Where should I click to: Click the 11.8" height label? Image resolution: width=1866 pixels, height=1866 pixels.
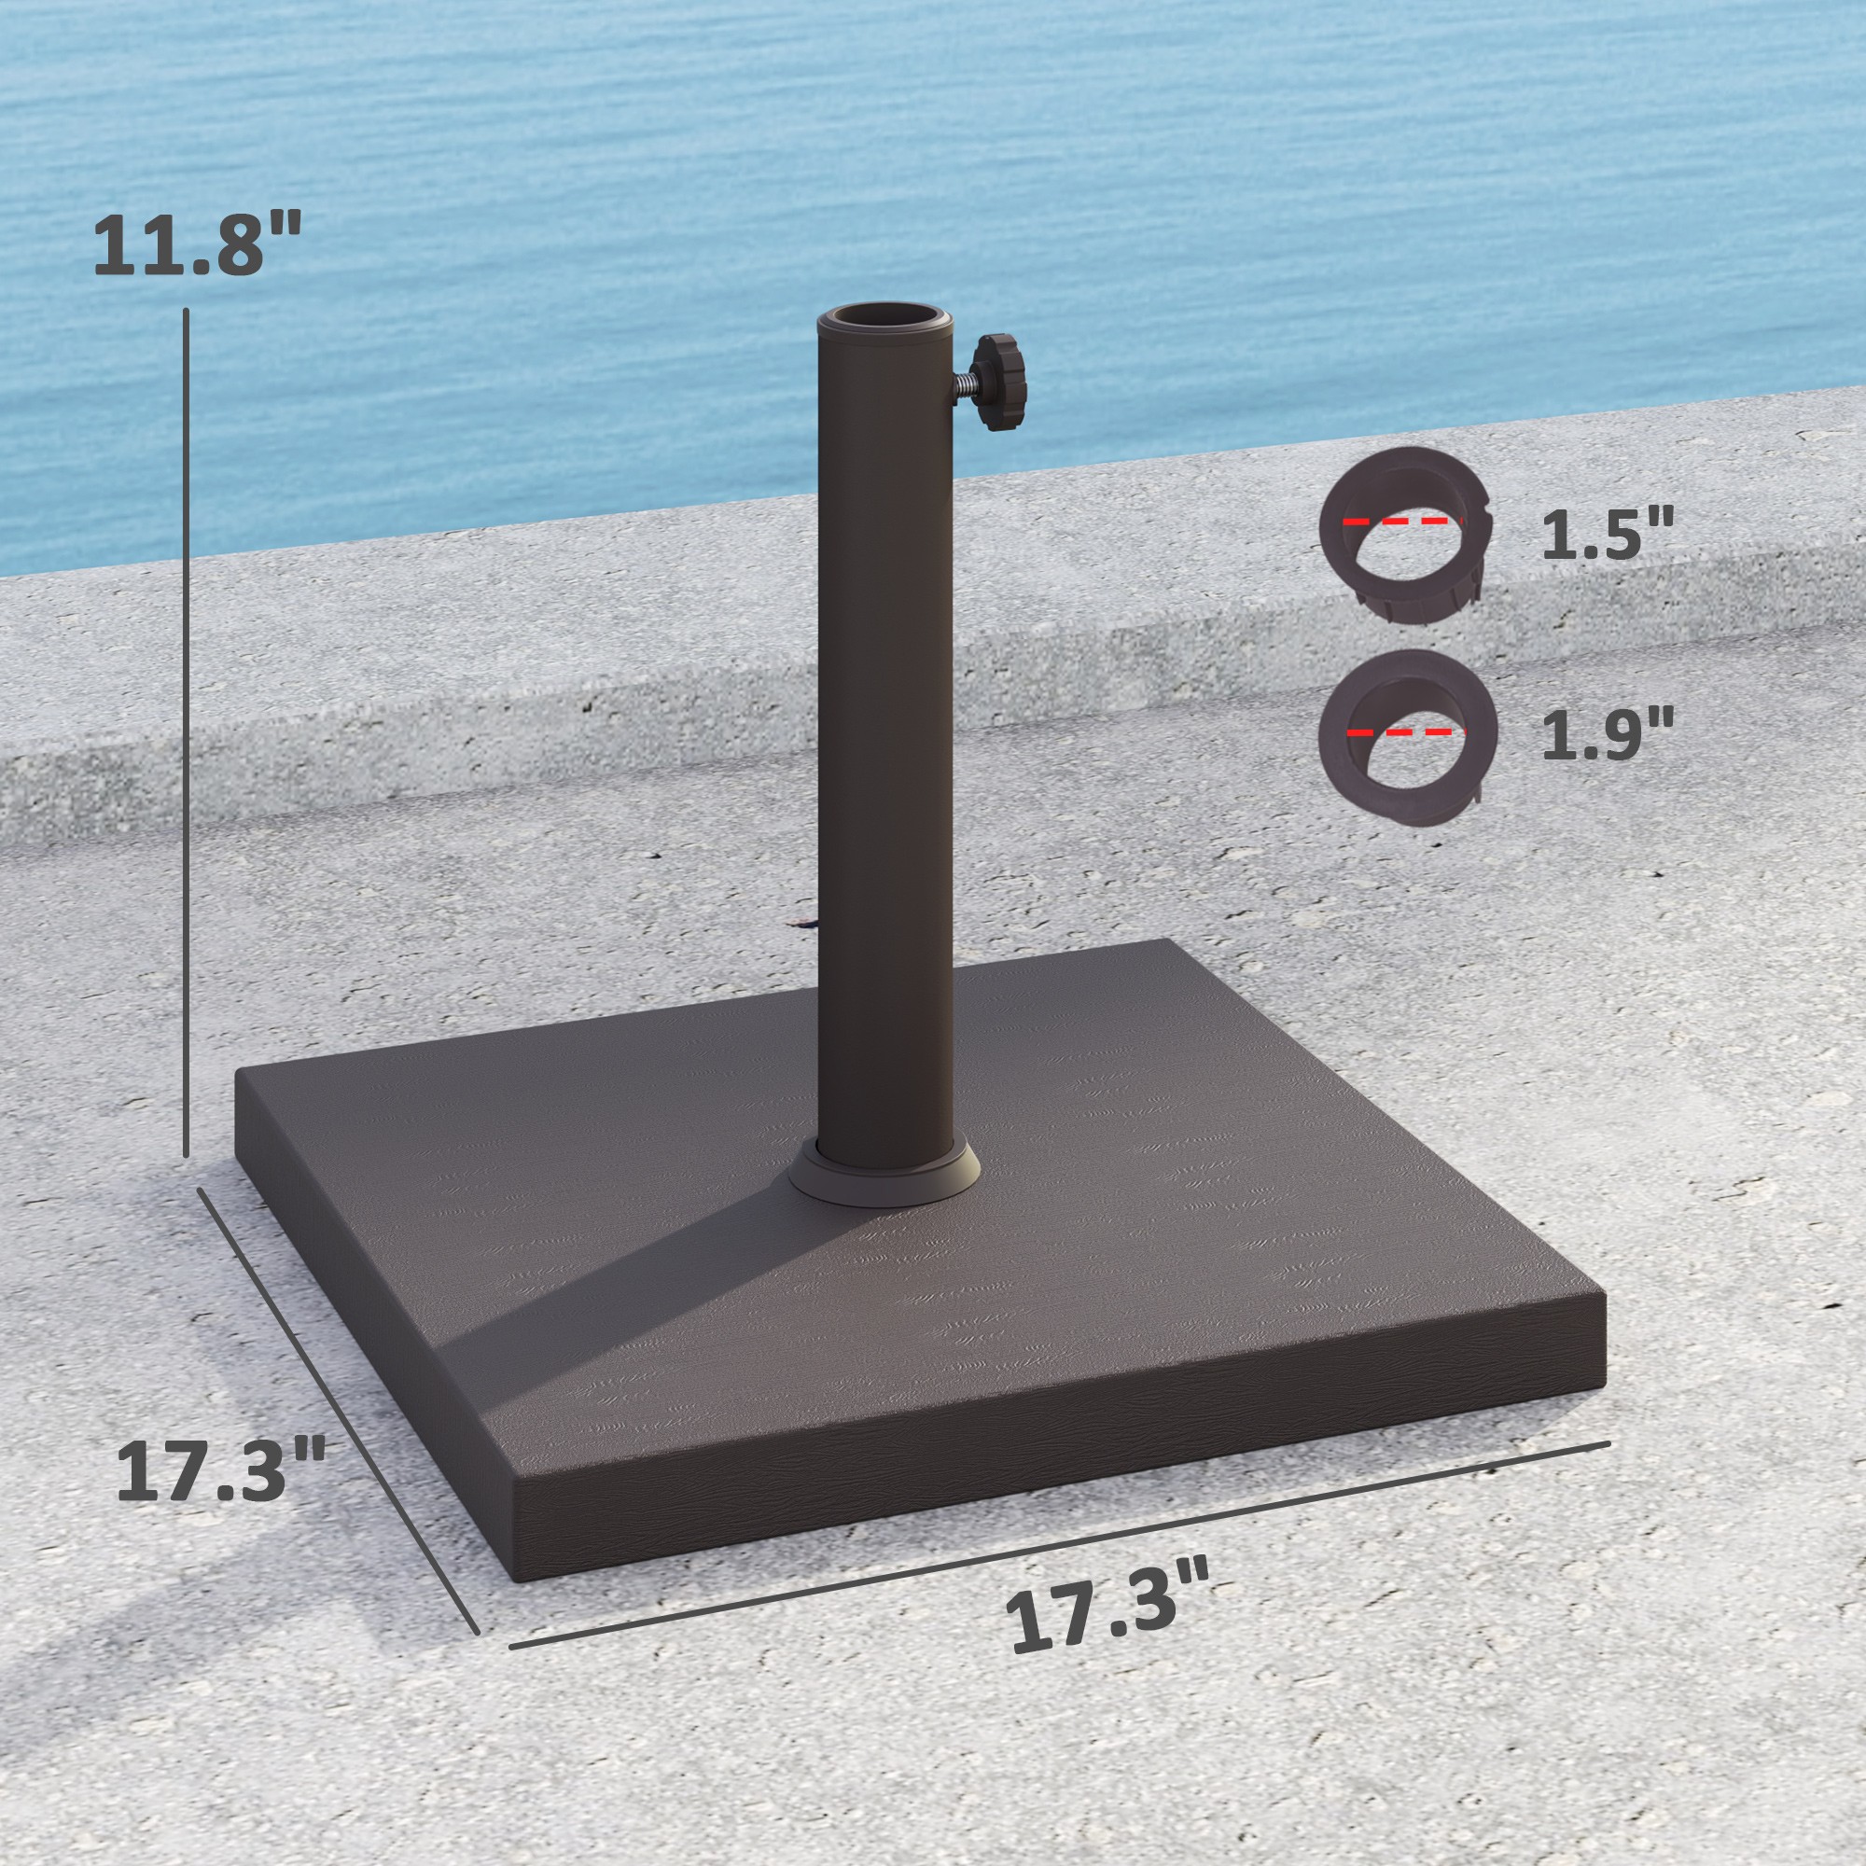coord(197,245)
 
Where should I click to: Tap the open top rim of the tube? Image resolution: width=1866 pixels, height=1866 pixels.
coord(886,321)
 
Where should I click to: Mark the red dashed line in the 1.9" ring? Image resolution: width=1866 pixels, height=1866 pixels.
coord(1406,731)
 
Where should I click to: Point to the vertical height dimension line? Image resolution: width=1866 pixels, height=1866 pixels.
coord(186,734)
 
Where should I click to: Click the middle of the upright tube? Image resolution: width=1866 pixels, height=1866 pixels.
coord(886,734)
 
